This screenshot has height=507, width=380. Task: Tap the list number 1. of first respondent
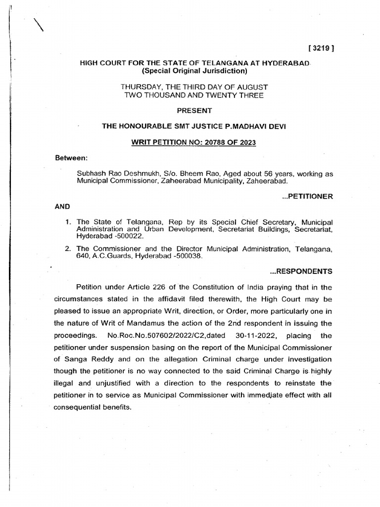pos(68,221)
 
